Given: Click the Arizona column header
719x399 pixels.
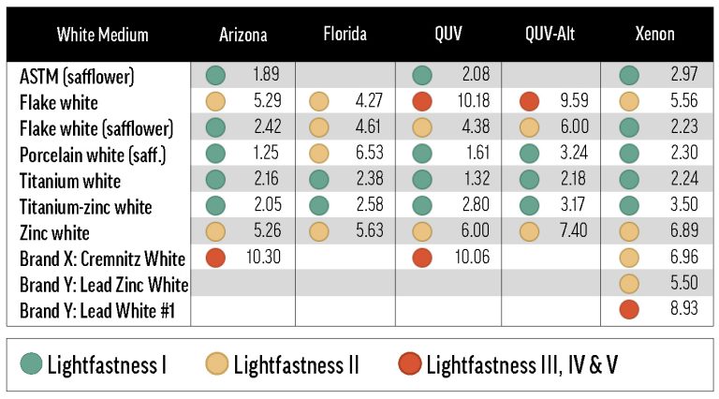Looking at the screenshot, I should tap(242, 36).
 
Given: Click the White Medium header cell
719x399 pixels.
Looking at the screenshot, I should tap(102, 36).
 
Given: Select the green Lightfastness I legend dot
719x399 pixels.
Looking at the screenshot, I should tap(33, 363).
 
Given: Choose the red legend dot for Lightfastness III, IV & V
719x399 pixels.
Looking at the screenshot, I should tap(408, 363).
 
